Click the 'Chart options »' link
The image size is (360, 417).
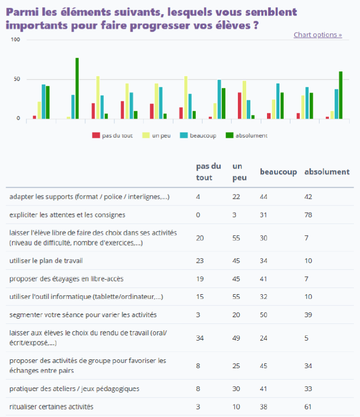pos(317,35)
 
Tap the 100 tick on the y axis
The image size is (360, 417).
pos(15,40)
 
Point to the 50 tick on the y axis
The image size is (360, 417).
pos(17,79)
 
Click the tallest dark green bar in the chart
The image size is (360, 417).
pos(77,88)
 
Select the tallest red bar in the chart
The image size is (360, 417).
pos(239,106)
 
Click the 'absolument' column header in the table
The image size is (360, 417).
pos(326,172)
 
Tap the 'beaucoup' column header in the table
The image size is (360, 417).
pos(278,172)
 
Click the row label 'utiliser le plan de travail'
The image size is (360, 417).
pos(46,260)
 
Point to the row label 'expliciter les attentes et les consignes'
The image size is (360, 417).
pos(67,215)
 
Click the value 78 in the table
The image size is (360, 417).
pos(308,215)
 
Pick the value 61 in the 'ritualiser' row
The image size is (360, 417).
pos(308,407)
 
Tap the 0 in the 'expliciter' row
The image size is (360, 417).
pos(198,215)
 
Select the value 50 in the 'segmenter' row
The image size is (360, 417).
pos(263,315)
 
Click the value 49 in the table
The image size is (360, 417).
pos(236,338)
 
